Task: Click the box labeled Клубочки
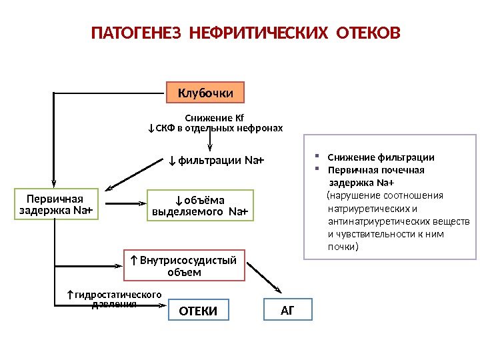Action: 205,93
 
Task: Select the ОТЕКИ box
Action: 199,310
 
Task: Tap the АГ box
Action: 287,309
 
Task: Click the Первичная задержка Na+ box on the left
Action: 55,205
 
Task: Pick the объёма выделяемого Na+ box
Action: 200,206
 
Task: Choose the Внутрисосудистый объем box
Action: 185,266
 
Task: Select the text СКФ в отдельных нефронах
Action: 219,128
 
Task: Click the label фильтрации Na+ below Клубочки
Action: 217,161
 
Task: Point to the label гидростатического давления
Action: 114,299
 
